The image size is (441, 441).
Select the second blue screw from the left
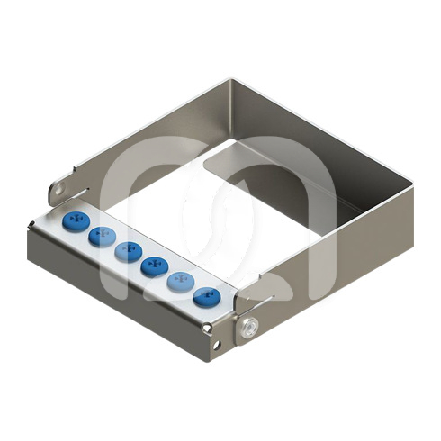tap(101, 237)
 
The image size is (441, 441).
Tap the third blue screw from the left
tap(128, 251)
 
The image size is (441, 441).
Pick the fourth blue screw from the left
tap(154, 265)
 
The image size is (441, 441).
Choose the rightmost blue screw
tap(207, 295)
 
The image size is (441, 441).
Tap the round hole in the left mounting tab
tap(58, 190)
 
